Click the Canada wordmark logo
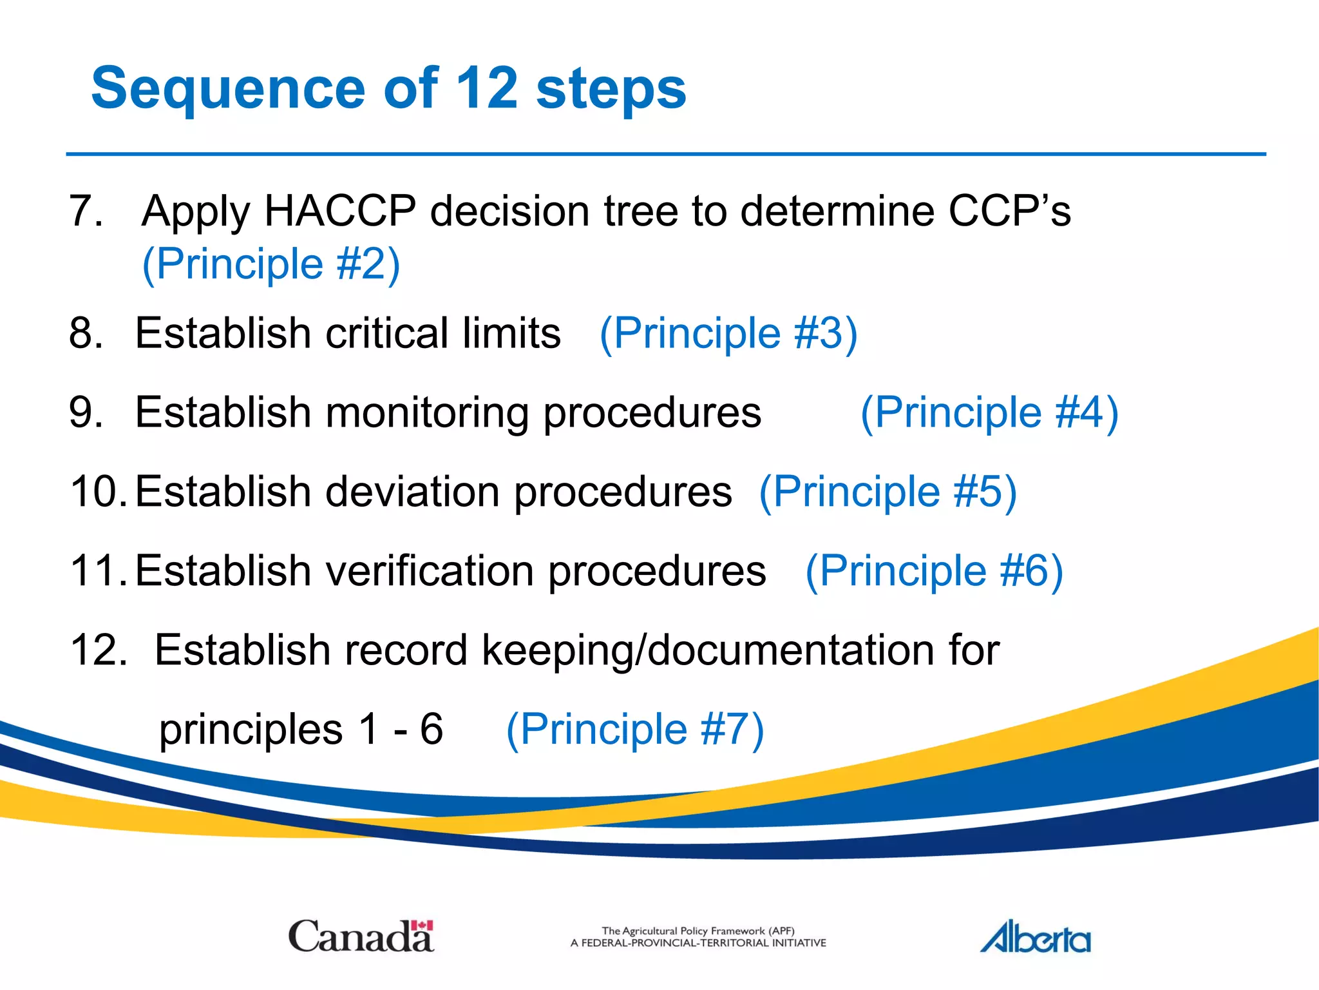(361, 937)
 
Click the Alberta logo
(1035, 938)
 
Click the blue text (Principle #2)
(271, 264)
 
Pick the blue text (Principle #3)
(728, 333)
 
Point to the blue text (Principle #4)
(989, 412)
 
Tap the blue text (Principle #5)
(888, 492)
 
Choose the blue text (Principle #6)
(934, 571)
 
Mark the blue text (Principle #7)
(635, 729)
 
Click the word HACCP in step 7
(340, 211)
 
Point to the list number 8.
(86, 333)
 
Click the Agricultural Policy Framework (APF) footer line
(698, 931)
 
